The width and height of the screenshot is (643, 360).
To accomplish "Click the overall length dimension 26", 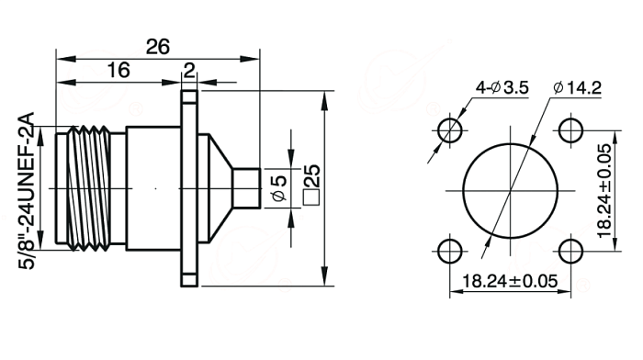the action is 158,47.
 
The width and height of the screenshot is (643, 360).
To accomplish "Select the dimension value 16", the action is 118,70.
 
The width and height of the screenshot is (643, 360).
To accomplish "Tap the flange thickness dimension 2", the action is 189,72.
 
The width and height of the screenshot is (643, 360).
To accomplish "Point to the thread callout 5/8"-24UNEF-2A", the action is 27,190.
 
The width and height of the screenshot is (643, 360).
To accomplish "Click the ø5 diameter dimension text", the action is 279,188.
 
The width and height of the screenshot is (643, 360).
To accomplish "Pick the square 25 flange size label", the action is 311,185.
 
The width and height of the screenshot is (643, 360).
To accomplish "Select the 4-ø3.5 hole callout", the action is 502,88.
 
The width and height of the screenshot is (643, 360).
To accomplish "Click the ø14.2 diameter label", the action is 577,88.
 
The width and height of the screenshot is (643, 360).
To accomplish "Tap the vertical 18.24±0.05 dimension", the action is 604,191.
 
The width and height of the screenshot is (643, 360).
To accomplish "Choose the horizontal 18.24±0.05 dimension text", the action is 510,281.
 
